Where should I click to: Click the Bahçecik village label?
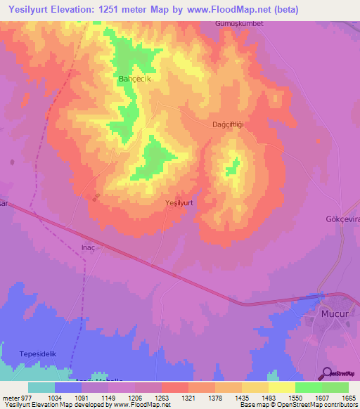click(x=134, y=79)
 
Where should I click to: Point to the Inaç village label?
click(x=88, y=248)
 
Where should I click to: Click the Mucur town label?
click(x=334, y=314)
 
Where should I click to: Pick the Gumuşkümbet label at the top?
click(x=238, y=23)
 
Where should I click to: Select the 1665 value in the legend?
click(x=349, y=398)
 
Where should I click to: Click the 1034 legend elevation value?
click(x=53, y=398)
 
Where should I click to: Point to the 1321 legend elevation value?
click(x=187, y=398)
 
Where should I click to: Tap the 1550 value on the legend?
click(x=295, y=398)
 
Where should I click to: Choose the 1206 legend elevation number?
click(x=134, y=398)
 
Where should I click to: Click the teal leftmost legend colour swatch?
click(x=41, y=387)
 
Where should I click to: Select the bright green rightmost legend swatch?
click(x=335, y=387)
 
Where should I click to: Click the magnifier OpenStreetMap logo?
click(x=327, y=373)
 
